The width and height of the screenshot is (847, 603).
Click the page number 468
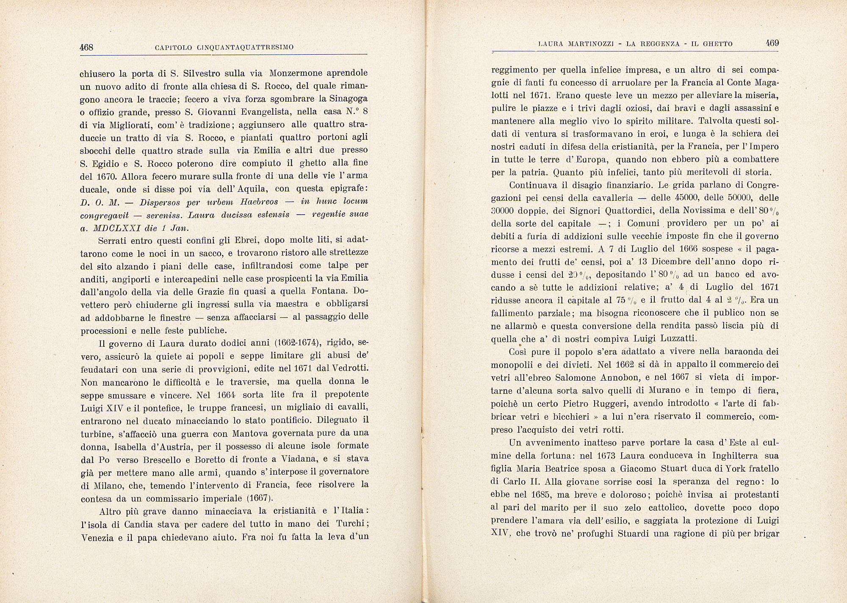[x=86, y=47]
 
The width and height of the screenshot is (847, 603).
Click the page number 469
[x=772, y=43]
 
